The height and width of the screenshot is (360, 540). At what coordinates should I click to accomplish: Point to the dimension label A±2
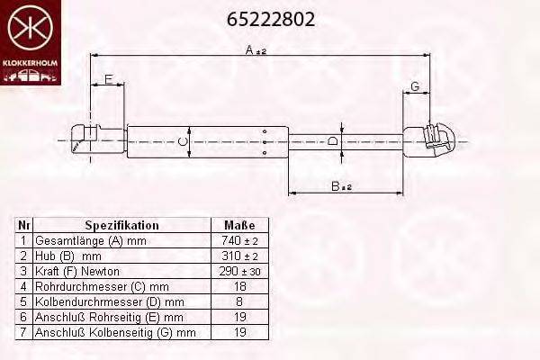point(256,50)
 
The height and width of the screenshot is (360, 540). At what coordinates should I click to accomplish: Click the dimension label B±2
point(340,186)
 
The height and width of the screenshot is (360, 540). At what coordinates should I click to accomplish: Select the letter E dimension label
point(108,81)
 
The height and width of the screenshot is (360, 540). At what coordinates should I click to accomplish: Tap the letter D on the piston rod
point(332,141)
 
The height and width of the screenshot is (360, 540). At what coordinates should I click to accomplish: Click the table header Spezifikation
point(121,225)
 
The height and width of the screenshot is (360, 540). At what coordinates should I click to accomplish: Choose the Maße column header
point(238,225)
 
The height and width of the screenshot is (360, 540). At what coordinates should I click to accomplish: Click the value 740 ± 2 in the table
point(238,241)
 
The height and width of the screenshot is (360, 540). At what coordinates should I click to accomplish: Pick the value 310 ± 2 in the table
point(238,256)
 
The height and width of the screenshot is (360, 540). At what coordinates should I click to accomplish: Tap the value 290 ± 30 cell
point(238,272)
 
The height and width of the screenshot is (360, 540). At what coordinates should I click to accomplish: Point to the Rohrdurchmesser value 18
point(238,287)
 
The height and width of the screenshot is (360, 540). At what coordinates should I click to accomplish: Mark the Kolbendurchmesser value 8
point(238,302)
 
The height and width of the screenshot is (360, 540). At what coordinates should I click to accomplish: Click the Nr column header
point(24,225)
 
